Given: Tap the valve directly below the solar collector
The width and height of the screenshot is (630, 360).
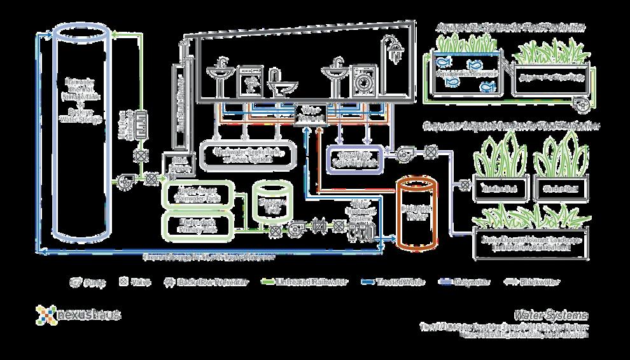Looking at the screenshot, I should tap(140, 156).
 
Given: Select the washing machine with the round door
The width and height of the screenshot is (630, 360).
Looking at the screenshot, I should tap(362, 81).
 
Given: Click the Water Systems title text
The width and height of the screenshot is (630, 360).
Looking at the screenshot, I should tap(552, 315).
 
